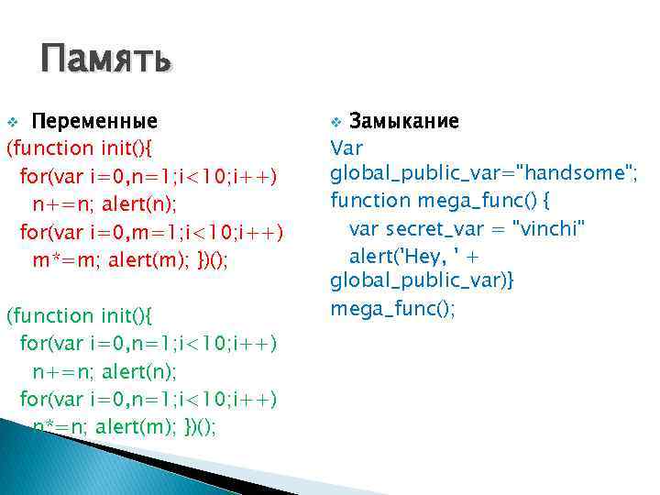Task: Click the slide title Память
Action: pos(105,61)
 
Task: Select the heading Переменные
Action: pos(94,122)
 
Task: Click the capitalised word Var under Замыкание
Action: pos(346,148)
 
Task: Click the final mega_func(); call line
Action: pos(392,309)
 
